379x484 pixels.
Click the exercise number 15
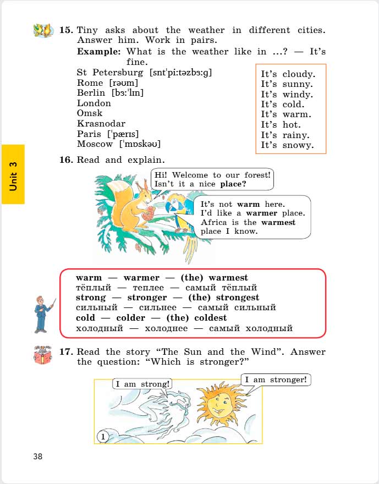(x=66, y=30)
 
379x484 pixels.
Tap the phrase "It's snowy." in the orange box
(x=287, y=145)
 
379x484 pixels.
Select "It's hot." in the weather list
(x=281, y=125)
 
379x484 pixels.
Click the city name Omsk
(x=90, y=113)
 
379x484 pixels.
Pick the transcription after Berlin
(x=127, y=93)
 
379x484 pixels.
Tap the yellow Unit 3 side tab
(x=13, y=174)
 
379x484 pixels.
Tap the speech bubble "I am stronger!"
(x=276, y=380)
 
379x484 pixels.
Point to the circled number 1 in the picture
(x=103, y=437)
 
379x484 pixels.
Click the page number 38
(x=37, y=457)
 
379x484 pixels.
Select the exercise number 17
(x=66, y=352)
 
